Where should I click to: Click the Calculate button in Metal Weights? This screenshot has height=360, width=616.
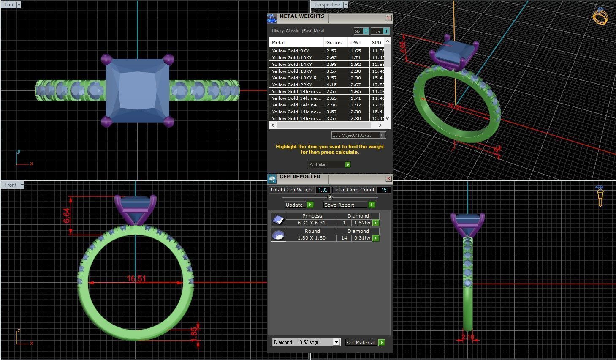pyautogui.click(x=330, y=165)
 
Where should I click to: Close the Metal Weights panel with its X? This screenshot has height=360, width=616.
pyautogui.click(x=388, y=18)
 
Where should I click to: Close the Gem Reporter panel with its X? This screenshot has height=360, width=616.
pyautogui.click(x=388, y=179)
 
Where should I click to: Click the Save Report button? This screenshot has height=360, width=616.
pyautogui.click(x=349, y=205)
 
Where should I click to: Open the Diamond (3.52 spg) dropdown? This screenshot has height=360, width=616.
pyautogui.click(x=336, y=342)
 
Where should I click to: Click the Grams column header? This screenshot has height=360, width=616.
pyautogui.click(x=334, y=43)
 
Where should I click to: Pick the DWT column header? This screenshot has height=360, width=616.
pyautogui.click(x=356, y=43)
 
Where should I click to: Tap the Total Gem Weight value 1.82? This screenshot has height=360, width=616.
pyautogui.click(x=323, y=190)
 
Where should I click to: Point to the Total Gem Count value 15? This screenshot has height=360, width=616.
pyautogui.click(x=384, y=190)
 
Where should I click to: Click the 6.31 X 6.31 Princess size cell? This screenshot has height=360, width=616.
pyautogui.click(x=311, y=223)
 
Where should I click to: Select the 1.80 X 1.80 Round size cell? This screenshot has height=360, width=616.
pyautogui.click(x=311, y=238)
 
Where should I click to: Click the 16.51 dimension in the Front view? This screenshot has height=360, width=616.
pyautogui.click(x=136, y=279)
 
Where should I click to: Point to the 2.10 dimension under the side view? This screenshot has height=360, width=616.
pyautogui.click(x=468, y=337)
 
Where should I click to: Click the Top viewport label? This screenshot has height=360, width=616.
pyautogui.click(x=9, y=5)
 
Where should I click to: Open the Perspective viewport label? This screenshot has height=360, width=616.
pyautogui.click(x=327, y=5)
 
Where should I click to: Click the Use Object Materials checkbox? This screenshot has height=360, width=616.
pyautogui.click(x=383, y=135)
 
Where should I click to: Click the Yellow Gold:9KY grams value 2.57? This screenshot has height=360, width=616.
pyautogui.click(x=331, y=51)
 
